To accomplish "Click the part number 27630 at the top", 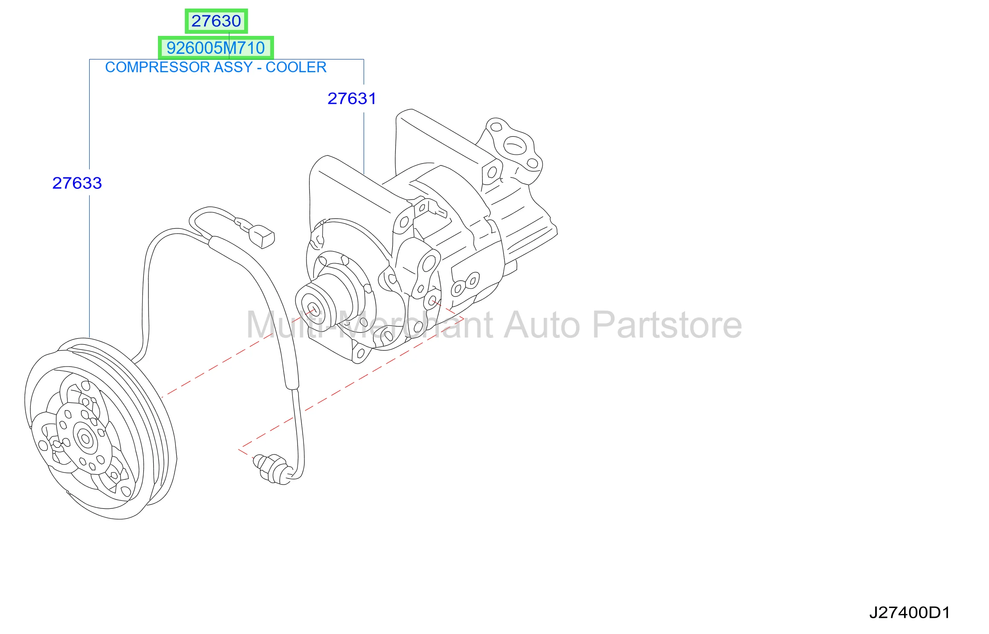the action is coord(216,21).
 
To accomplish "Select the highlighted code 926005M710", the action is coord(216,48).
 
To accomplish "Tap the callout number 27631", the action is coord(352,99).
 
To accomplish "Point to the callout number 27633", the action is coord(77,183).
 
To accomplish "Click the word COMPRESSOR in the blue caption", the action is coord(158,67).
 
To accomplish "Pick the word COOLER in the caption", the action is coord(296,67).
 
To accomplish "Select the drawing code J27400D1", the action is coord(910,613).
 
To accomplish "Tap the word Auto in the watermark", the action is coord(542,325).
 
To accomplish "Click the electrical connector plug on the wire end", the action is coord(261,237).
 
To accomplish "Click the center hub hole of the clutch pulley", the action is coord(85,438).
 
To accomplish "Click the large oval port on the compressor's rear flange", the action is coord(515,146).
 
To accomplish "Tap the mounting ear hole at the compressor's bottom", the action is coord(361,353).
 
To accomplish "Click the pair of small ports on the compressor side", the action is coord(465,284).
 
